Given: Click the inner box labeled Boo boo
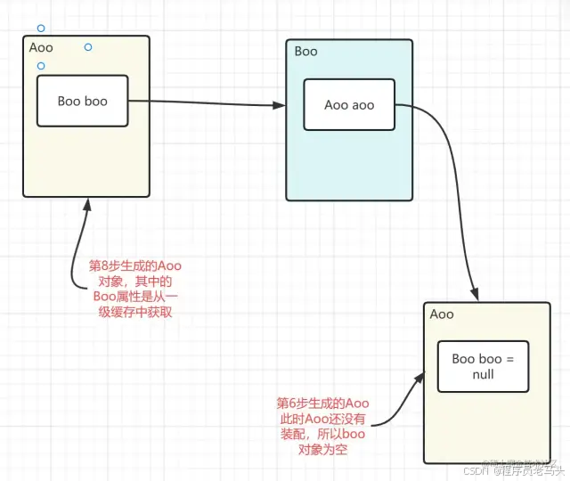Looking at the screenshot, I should (x=82, y=101).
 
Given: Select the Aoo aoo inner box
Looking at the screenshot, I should (x=349, y=105).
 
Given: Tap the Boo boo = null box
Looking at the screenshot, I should (x=483, y=366).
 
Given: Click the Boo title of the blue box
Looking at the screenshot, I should (x=306, y=52).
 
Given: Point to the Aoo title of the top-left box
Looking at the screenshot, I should (x=42, y=47).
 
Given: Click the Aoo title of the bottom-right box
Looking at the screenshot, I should (x=442, y=314).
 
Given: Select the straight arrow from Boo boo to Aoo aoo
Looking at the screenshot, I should (x=205, y=103).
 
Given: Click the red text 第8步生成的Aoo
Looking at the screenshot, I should (x=135, y=265).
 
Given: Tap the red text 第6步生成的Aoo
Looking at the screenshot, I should (x=323, y=403).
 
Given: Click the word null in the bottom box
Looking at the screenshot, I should (x=483, y=374).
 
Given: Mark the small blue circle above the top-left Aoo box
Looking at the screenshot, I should (x=41, y=29).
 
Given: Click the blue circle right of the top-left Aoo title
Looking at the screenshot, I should (x=87, y=46).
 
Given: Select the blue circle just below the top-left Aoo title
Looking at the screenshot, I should (x=41, y=66).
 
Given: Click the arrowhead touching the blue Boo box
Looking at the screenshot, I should (x=280, y=106).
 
